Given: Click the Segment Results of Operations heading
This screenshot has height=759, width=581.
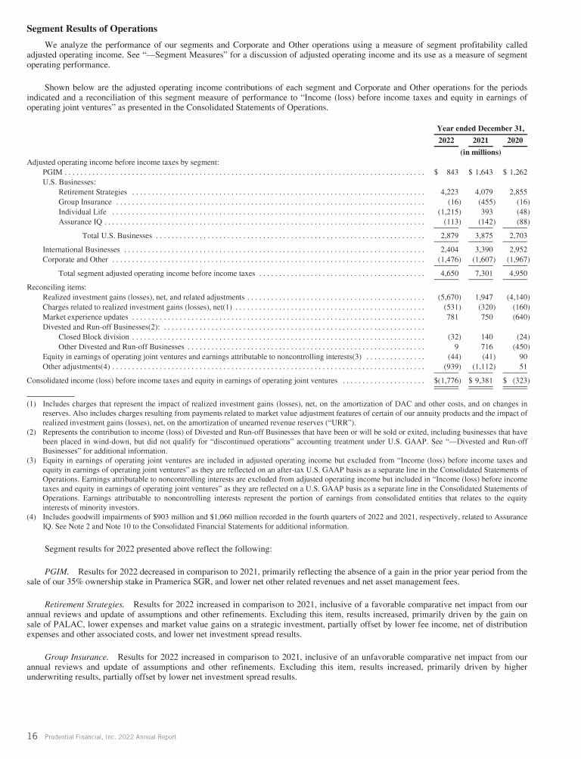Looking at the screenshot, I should (92, 29).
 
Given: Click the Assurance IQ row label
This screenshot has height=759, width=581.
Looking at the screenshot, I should (80, 222).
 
